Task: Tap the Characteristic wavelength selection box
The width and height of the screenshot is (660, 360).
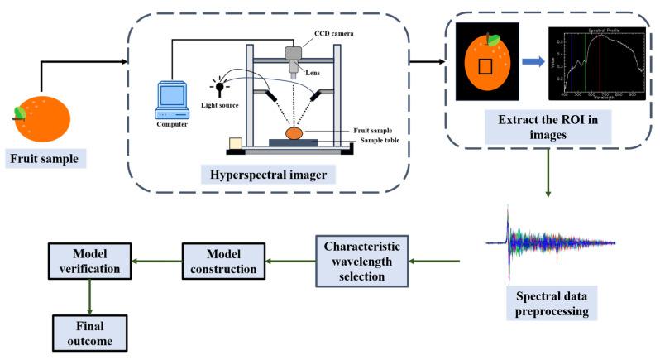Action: click(x=361, y=262)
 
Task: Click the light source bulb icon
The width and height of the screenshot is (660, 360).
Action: click(x=220, y=83)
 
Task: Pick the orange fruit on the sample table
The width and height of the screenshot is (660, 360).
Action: click(x=295, y=132)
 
